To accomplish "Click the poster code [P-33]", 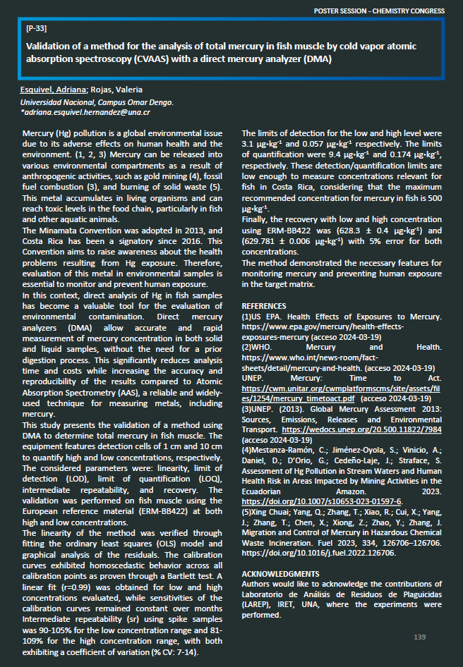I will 36,29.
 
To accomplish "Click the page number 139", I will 420,637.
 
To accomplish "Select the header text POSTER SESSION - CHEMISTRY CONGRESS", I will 379,11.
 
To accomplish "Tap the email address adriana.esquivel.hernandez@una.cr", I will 86,112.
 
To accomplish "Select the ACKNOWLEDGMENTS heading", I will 280,574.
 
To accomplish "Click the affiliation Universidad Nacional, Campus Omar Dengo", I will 97,102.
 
